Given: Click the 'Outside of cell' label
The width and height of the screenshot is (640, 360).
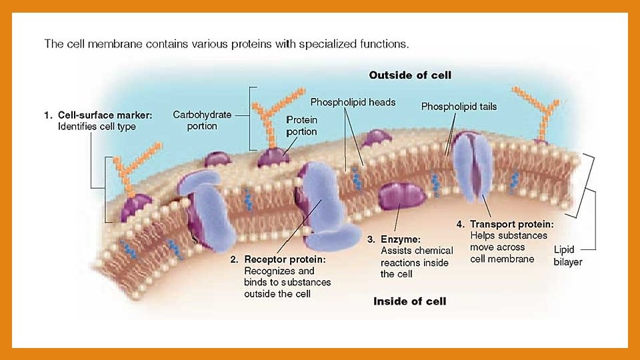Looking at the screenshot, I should click(x=410, y=75).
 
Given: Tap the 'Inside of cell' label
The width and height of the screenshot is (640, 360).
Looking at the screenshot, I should click(x=409, y=301).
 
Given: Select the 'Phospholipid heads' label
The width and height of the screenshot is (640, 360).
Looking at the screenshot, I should click(x=353, y=102).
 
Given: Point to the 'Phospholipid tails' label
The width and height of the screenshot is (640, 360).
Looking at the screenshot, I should click(x=459, y=107).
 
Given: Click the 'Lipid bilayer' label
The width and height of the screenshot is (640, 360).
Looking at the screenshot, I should click(x=567, y=256).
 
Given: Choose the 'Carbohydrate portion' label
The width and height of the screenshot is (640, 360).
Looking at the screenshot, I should click(x=202, y=120).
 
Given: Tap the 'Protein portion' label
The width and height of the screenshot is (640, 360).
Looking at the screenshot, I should click(x=301, y=125).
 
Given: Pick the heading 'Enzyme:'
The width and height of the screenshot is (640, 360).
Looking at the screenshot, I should click(x=400, y=239).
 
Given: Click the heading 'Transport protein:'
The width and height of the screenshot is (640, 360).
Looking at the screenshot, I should click(x=511, y=224).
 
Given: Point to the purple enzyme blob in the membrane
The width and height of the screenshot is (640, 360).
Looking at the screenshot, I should click(x=402, y=197).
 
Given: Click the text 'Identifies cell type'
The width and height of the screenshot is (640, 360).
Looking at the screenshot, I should click(x=97, y=127).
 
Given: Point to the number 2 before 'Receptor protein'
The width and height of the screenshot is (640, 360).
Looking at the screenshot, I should click(x=233, y=259).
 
